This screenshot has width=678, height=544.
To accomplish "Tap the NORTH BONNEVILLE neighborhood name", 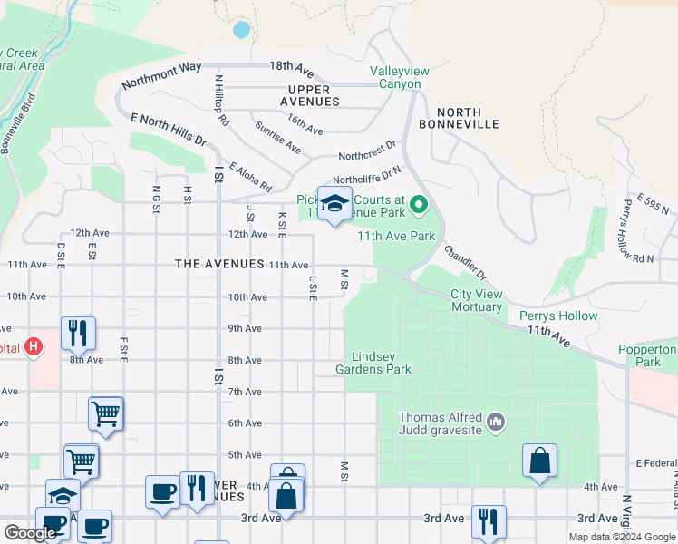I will [x=459, y=118].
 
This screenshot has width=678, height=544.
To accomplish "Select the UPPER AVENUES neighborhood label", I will [x=314, y=95].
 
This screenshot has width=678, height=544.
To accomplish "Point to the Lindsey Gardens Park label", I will [x=373, y=363].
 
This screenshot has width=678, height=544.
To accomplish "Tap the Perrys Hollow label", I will [x=558, y=316].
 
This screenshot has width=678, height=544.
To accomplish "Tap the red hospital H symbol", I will [x=34, y=346].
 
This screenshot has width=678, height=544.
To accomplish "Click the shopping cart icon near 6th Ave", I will [x=105, y=413].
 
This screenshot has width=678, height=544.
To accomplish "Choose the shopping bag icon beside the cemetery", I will [x=539, y=460].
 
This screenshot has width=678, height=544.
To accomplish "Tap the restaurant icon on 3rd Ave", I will [x=488, y=520].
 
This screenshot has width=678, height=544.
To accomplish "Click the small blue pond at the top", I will [x=241, y=29].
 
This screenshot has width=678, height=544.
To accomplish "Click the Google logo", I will [x=31, y=533].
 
